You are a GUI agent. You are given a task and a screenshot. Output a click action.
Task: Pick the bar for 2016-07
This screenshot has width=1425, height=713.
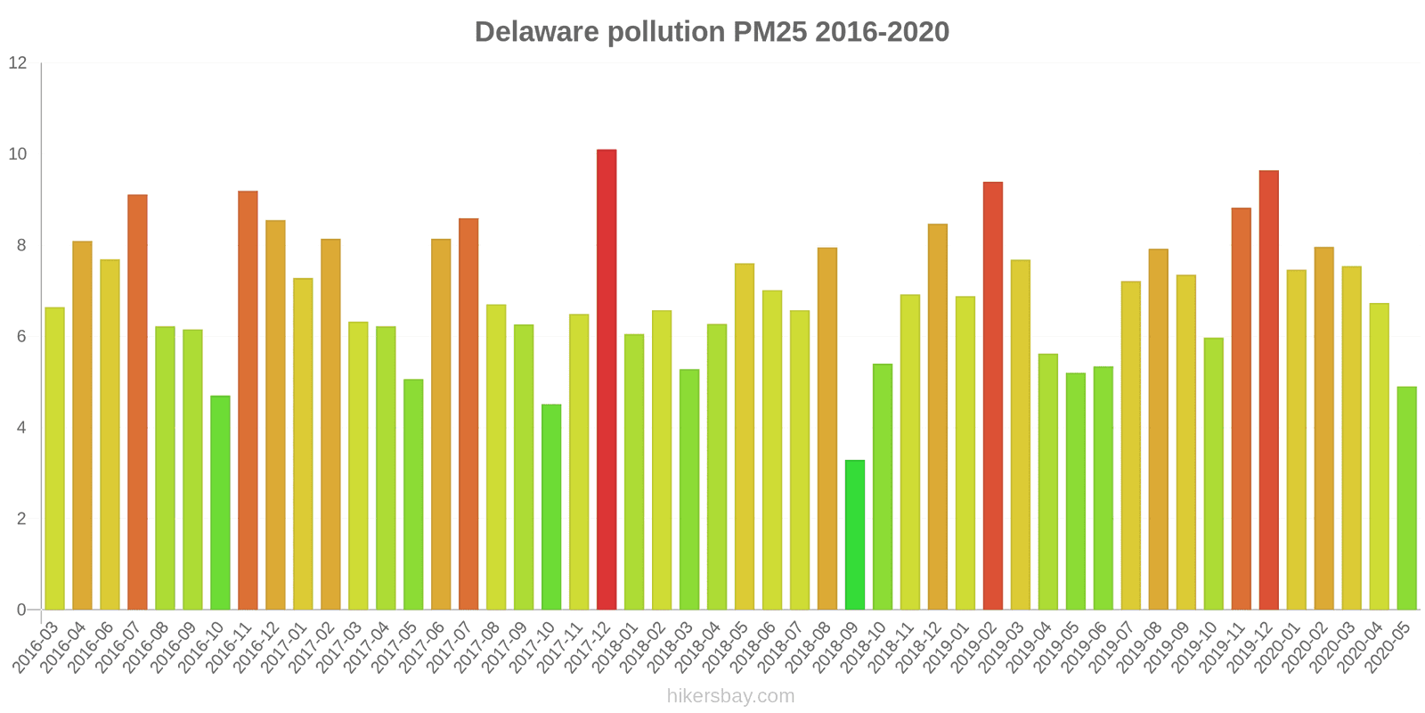click(137, 402)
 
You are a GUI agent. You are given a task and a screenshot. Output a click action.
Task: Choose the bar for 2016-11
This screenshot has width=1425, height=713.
click(248, 400)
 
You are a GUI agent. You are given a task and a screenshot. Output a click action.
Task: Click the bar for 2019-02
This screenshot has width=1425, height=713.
click(993, 396)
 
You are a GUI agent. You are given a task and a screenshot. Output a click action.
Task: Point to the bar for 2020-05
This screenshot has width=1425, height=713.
click(1406, 498)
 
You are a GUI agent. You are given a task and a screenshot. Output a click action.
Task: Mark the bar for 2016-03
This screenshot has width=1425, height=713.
click(54, 459)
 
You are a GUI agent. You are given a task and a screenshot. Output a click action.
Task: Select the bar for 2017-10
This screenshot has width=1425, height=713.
click(551, 507)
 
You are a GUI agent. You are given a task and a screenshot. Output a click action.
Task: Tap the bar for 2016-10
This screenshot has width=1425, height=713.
click(220, 503)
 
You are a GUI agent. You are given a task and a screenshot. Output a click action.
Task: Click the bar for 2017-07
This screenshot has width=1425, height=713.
click(468, 414)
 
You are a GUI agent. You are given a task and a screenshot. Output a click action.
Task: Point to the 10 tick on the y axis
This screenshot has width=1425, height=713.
click(18, 154)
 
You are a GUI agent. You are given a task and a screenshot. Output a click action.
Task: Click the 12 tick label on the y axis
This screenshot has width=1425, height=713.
click(18, 63)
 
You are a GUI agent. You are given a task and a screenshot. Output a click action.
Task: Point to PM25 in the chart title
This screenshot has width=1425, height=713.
click(770, 32)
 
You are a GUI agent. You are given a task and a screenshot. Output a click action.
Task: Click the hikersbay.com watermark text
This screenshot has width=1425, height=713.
click(730, 696)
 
